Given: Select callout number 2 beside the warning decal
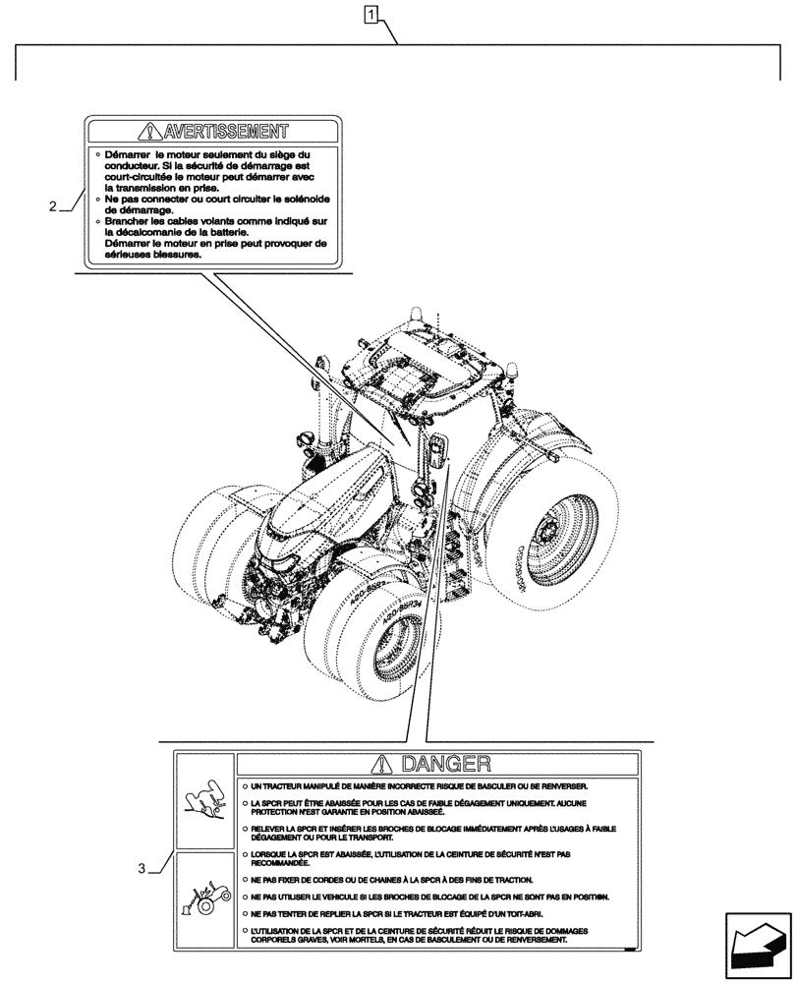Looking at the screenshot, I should point(51,207).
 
